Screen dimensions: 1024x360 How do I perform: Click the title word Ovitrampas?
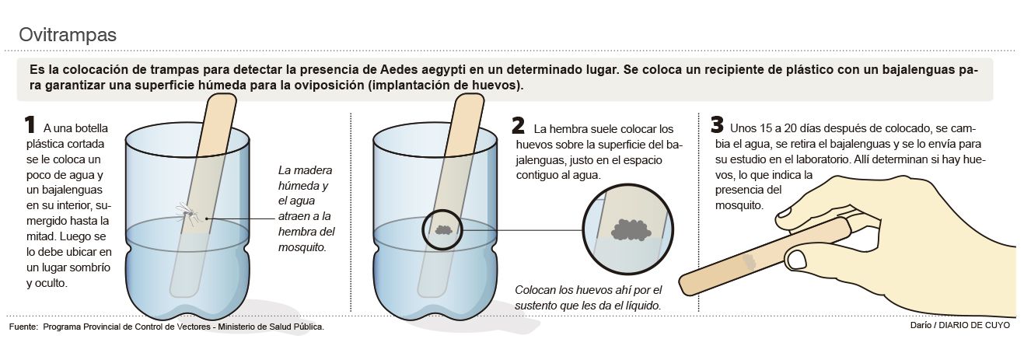tap(68, 35)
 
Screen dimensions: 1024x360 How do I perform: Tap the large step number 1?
tap(30, 125)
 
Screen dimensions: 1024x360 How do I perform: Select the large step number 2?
tap(518, 125)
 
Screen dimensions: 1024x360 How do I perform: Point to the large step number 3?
tap(717, 125)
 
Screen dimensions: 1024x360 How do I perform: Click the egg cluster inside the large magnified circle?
tap(631, 229)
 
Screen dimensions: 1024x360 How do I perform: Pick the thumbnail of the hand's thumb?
tap(797, 260)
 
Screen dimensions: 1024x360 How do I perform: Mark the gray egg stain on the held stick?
tap(749, 261)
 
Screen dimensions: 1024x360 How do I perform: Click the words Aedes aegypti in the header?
tap(422, 69)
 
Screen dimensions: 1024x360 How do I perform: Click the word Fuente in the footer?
tap(23, 327)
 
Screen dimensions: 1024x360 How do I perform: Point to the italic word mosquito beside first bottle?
tap(302, 247)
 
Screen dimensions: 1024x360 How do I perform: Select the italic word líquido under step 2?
tap(644, 306)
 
